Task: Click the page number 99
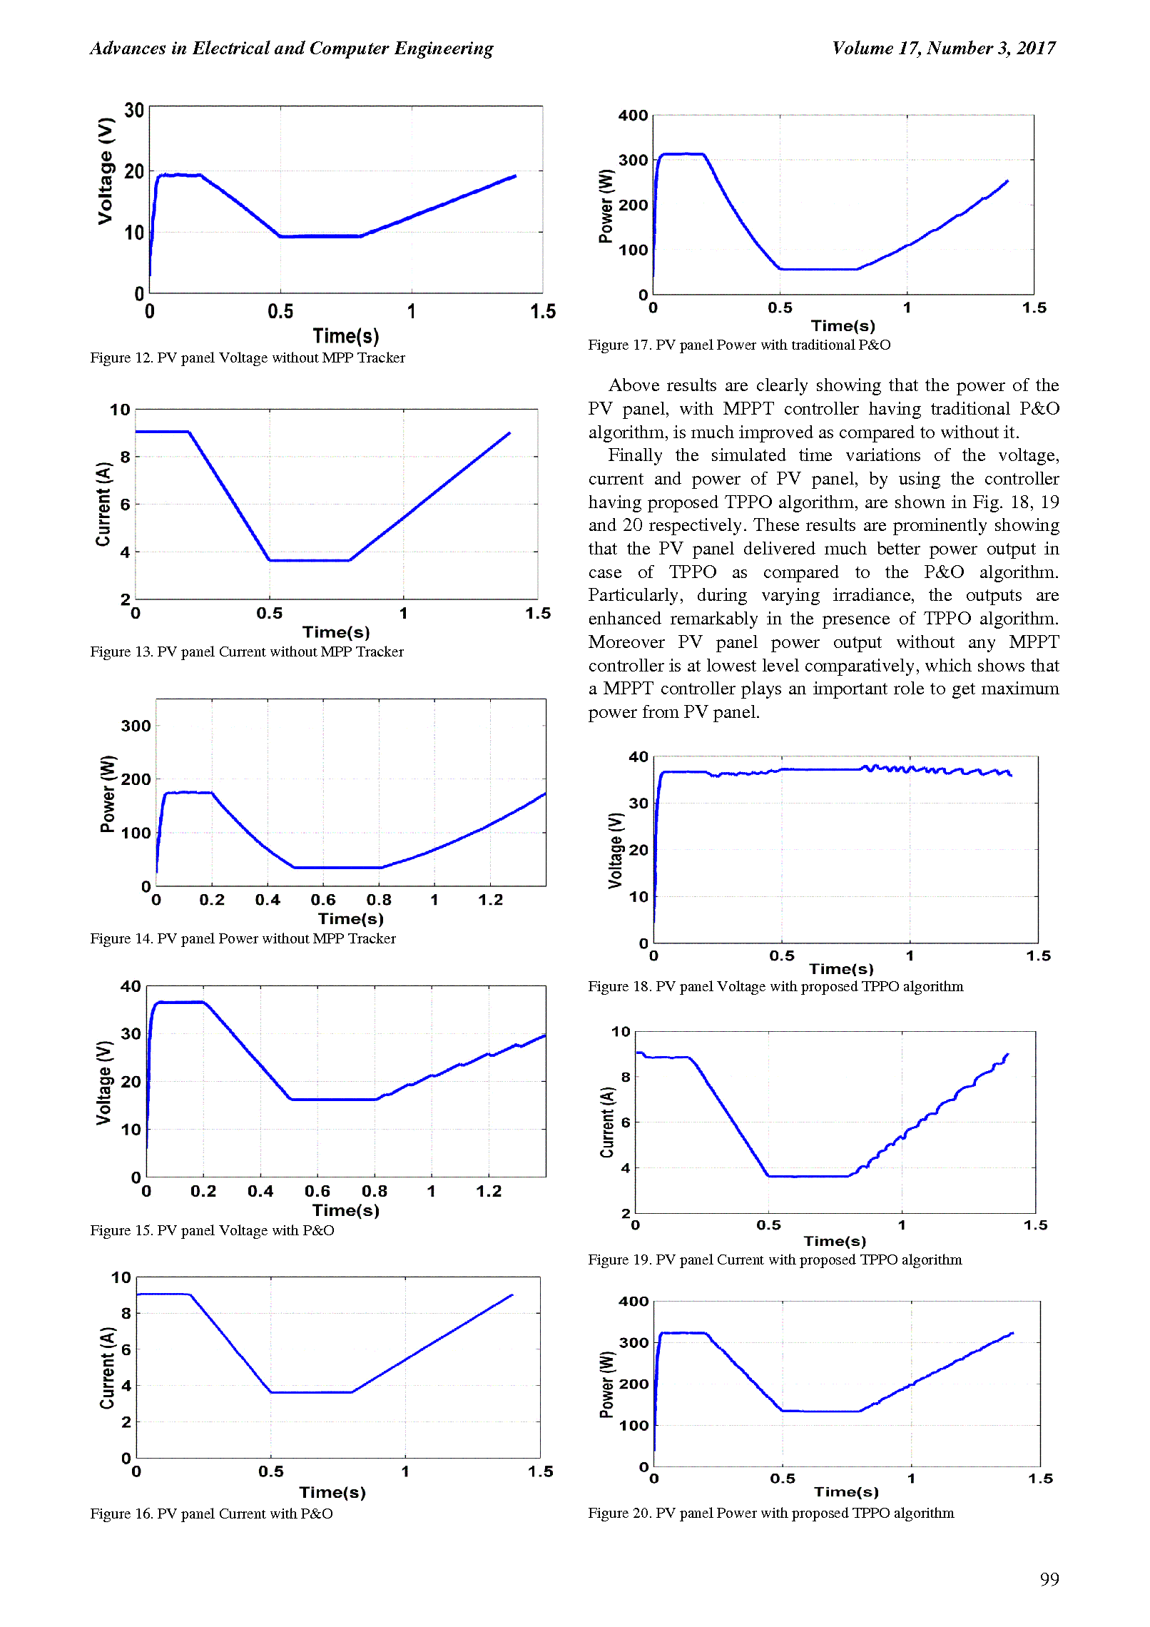[x=1049, y=1578]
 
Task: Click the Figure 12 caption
[x=248, y=358]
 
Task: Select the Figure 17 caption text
[x=739, y=345]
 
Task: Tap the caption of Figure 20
[x=771, y=1513]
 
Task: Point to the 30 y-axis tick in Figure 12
[x=134, y=111]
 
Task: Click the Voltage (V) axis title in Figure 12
[x=106, y=171]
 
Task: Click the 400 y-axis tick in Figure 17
[x=633, y=115]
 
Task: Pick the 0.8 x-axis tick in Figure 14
[x=379, y=900]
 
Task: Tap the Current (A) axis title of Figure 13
[x=104, y=504]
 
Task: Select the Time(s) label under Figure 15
[x=346, y=1210]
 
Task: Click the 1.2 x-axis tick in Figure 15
[x=489, y=1191]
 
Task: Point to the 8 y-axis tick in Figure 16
[x=126, y=1313]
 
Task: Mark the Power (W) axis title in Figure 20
[x=607, y=1384]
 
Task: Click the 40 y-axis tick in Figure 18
[x=638, y=756]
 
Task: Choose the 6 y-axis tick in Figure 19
[x=626, y=1122]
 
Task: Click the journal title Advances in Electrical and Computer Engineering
[x=292, y=48]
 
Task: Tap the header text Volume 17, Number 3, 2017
[x=944, y=48]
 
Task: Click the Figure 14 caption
[x=243, y=938]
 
